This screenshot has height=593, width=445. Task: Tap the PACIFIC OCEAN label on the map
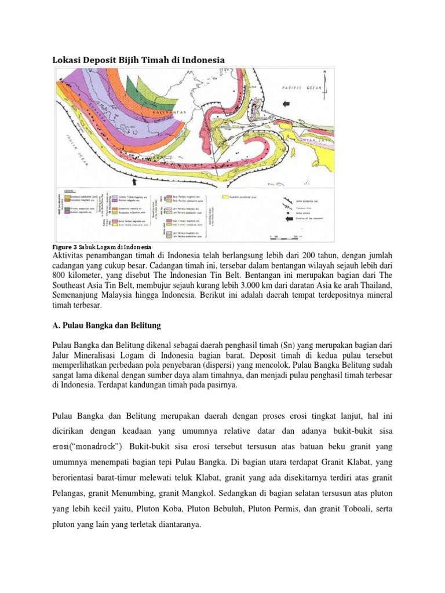point(302,87)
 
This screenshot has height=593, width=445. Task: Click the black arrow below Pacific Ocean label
point(285,103)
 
